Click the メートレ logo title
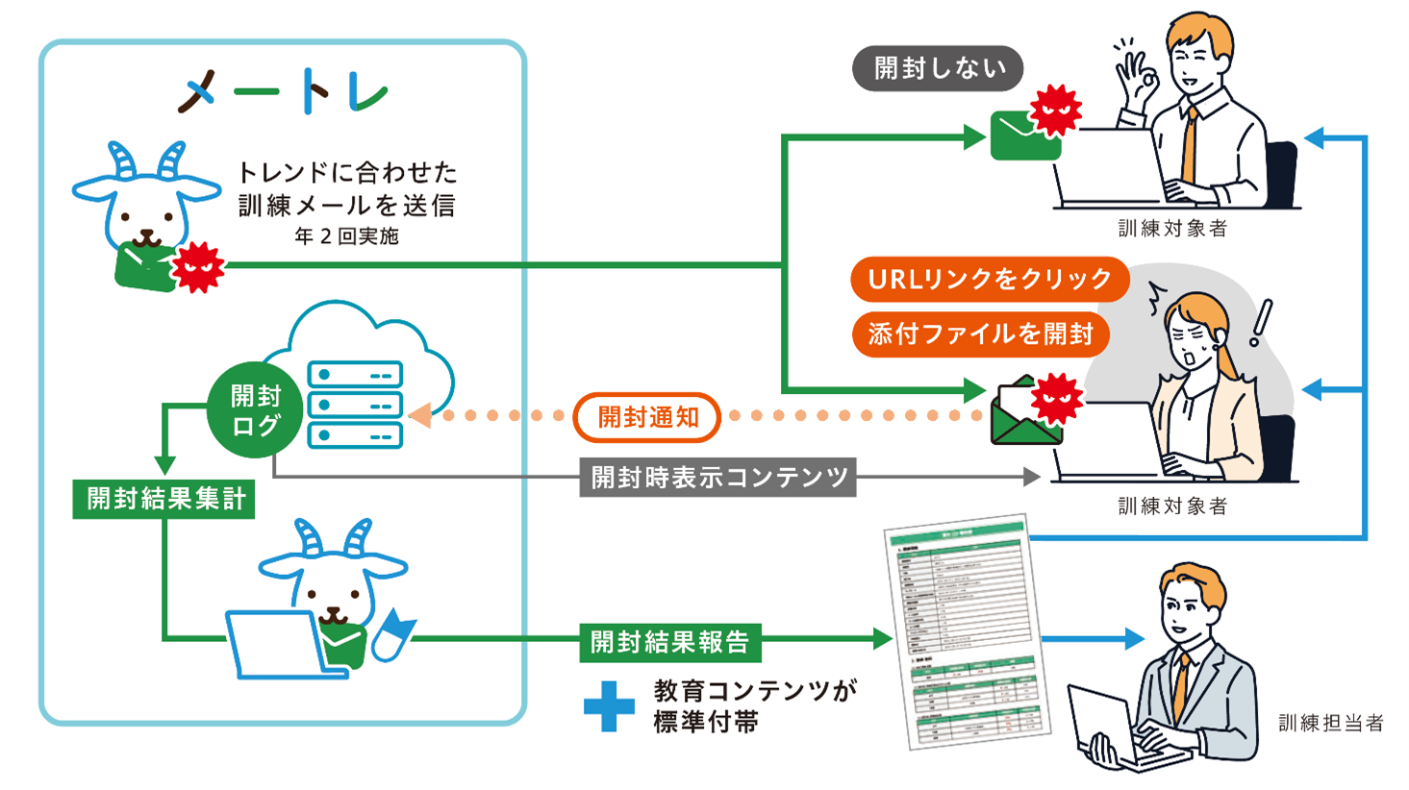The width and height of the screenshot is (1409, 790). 283,92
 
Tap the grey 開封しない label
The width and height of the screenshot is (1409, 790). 938,68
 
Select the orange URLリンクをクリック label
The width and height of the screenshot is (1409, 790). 989,279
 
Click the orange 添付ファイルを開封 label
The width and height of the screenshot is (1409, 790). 980,333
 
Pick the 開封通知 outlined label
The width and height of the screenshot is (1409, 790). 647,417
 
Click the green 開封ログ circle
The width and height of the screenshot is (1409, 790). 254,410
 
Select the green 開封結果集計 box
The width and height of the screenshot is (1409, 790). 164,499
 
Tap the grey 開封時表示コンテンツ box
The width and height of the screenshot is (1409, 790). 717,477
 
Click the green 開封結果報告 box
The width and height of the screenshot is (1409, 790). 669,642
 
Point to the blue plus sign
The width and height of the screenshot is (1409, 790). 609,706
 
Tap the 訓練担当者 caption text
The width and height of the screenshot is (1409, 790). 1330,723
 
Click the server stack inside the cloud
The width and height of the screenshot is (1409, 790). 354,405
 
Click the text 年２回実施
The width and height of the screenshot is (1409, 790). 346,236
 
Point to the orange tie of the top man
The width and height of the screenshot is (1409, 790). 1191,144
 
